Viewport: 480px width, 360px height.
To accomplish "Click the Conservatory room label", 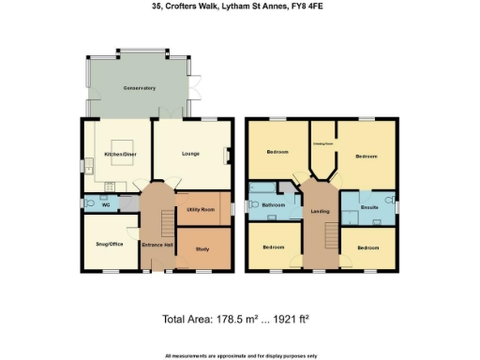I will pos(139,88).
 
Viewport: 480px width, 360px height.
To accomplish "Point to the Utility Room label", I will pos(202,208).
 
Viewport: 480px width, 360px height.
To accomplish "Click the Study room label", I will pos(202,248).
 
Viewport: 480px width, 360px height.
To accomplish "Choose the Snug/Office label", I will pos(110,244).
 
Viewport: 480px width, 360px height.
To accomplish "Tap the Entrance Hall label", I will pos(157,246).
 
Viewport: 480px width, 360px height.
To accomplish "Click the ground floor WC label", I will pos(106,202).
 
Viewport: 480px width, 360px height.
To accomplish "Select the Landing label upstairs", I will pos(320,213).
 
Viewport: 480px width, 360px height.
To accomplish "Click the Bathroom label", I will pos(273,204).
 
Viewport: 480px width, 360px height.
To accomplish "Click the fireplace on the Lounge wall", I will pos(226,157).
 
